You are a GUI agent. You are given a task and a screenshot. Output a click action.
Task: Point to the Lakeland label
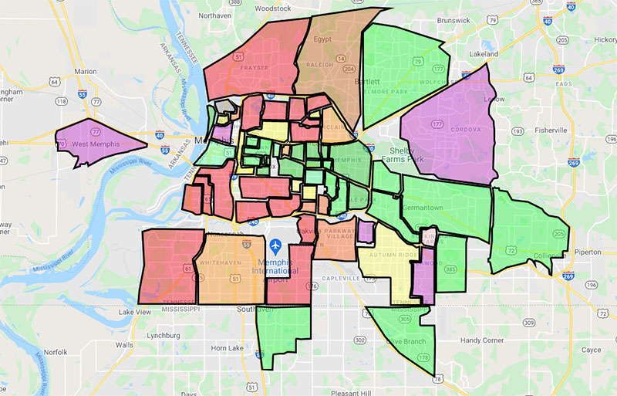point(482,55)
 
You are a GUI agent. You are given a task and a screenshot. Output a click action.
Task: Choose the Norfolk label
point(55,352)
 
